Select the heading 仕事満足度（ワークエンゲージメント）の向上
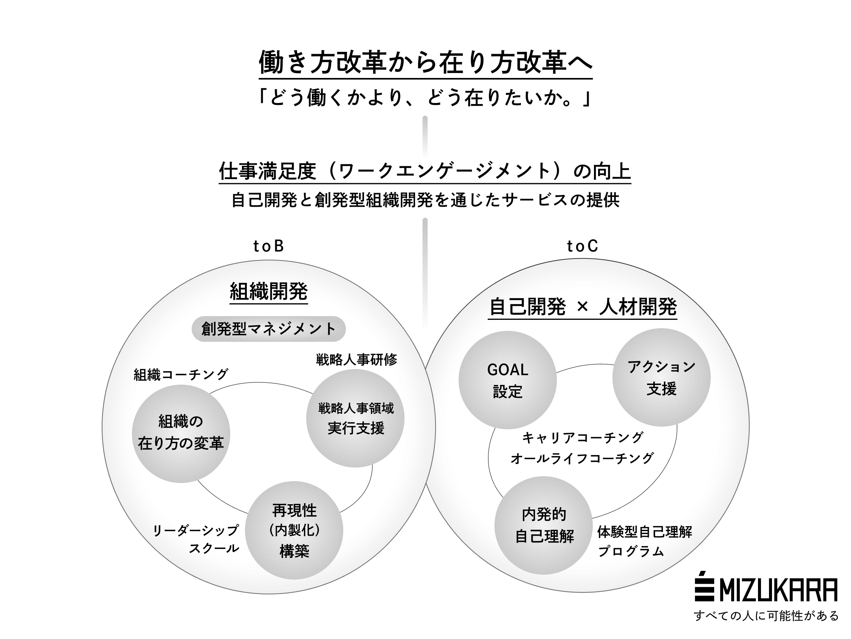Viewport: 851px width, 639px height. pyautogui.click(x=425, y=171)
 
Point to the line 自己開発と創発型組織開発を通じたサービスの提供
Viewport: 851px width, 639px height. pyautogui.click(x=425, y=200)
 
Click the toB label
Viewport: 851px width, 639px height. pyautogui.click(x=268, y=246)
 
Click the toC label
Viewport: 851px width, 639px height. pyautogui.click(x=583, y=246)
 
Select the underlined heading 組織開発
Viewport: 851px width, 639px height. pyautogui.click(x=268, y=291)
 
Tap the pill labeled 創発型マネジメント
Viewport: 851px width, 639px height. pyautogui.click(x=268, y=329)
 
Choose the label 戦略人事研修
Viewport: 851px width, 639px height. pyautogui.click(x=356, y=359)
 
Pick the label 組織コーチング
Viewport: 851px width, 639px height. pyautogui.click(x=181, y=374)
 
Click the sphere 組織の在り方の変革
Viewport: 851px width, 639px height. pyautogui.click(x=181, y=433)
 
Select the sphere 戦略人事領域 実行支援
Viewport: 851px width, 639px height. pyautogui.click(x=355, y=418)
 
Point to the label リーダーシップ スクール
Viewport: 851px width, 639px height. pyautogui.click(x=196, y=539)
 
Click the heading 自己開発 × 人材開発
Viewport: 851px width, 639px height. pyautogui.click(x=583, y=307)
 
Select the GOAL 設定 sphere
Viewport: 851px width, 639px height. pyautogui.click(x=508, y=380)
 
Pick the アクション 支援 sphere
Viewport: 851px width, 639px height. pyautogui.click(x=661, y=377)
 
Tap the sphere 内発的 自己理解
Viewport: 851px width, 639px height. pyautogui.click(x=543, y=525)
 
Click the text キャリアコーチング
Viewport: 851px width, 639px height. pyautogui.click(x=583, y=438)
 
